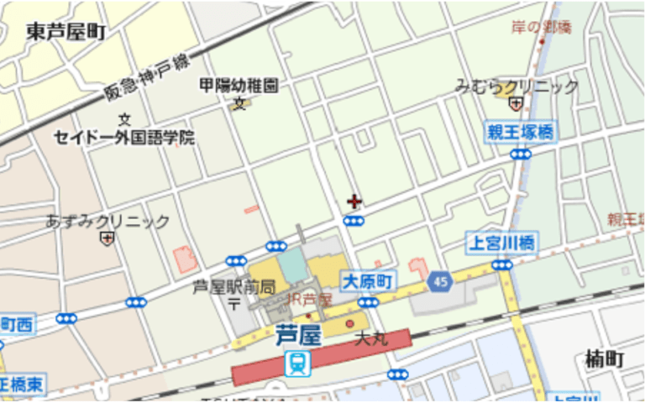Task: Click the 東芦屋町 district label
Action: [66, 32]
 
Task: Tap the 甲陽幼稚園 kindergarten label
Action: [239, 86]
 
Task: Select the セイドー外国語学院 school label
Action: [124, 137]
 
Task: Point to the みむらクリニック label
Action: [517, 86]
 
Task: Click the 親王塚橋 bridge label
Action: [521, 132]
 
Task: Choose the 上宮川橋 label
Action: [502, 243]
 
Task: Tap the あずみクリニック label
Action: [107, 222]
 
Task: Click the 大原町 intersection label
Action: [367, 281]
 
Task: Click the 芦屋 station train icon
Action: [297, 363]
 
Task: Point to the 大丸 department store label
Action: [370, 339]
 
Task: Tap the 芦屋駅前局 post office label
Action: [234, 287]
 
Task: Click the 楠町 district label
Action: [605, 360]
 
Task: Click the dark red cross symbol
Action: [354, 201]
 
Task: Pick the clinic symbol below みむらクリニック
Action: [516, 104]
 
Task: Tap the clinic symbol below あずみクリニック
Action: [107, 239]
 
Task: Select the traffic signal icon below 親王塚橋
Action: [521, 154]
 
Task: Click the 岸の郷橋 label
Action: [541, 27]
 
